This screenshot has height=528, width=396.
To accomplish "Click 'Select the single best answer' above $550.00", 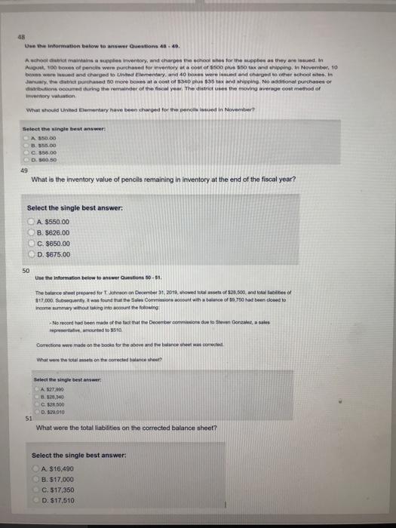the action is [69, 208].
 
